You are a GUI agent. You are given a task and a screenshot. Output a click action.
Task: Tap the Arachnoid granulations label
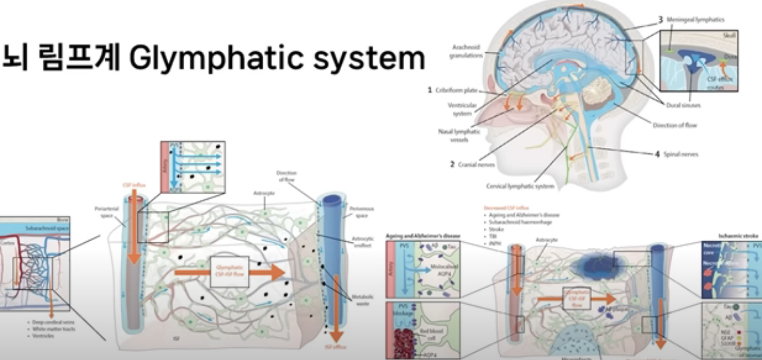coord(461,53)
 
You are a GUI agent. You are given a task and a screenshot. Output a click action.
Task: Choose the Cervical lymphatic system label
coord(521,186)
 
